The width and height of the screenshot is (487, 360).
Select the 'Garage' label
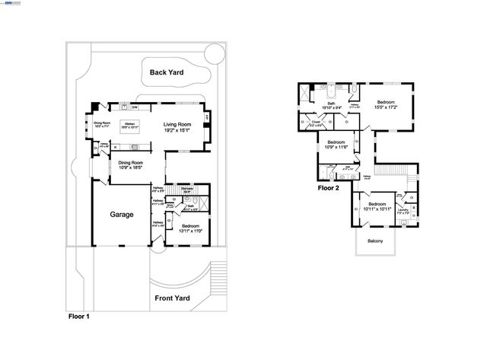[x=121, y=215]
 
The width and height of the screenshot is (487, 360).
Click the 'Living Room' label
[x=177, y=124]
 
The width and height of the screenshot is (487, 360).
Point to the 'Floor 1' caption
[x=78, y=315]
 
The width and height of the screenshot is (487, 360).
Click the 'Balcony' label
[x=375, y=241]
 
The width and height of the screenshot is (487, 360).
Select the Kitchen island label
[x=129, y=123]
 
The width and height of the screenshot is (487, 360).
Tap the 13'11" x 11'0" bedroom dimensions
[x=191, y=230]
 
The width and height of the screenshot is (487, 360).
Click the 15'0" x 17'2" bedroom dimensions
[x=385, y=107]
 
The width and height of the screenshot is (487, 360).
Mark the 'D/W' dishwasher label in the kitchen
[x=134, y=107]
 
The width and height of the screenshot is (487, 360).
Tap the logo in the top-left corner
[x=14, y=4]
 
